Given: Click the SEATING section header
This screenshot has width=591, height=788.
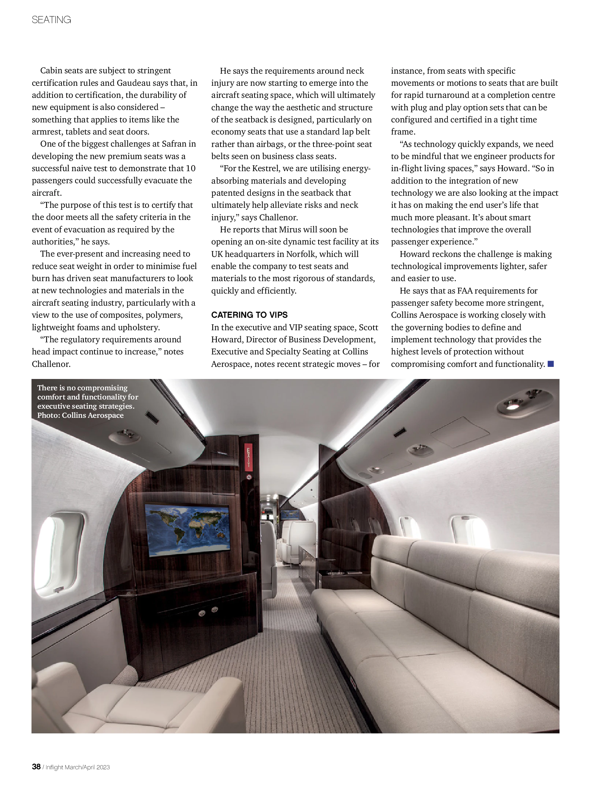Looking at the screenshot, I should point(51,20).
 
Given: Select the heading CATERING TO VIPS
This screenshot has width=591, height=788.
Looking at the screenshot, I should point(249,315).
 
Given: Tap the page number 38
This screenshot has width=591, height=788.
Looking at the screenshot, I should point(36,767).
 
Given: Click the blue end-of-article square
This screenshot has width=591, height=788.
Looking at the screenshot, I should point(551,364).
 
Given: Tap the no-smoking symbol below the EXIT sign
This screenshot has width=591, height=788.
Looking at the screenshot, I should point(249,477).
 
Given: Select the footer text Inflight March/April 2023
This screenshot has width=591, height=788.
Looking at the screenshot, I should point(78,767).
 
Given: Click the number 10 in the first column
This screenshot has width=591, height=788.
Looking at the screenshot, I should point(191,169).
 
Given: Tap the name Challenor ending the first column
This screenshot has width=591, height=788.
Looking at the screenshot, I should point(51,364).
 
